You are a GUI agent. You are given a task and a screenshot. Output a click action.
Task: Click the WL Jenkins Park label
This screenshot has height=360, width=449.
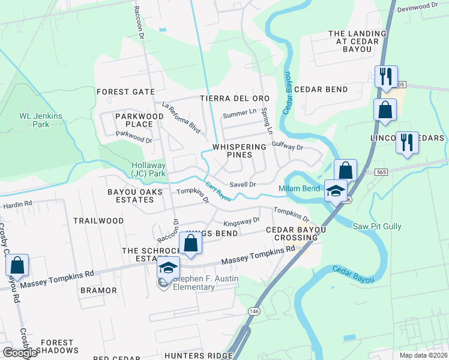(x=34, y=120)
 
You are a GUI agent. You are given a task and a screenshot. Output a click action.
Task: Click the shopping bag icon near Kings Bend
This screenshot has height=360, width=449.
(x=190, y=244)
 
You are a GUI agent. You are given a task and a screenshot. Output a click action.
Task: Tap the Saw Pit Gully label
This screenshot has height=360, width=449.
(x=377, y=226)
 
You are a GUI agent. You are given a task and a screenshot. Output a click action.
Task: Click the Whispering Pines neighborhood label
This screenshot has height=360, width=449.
(x=238, y=151)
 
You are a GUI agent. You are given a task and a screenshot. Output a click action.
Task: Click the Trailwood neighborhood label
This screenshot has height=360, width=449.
(x=98, y=221)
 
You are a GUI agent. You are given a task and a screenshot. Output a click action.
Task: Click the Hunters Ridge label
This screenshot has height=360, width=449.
(x=205, y=356)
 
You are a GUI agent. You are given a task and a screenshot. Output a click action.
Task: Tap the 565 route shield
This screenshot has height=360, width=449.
(x=381, y=172)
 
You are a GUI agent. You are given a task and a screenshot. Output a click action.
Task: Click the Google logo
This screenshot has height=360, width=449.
(x=20, y=353)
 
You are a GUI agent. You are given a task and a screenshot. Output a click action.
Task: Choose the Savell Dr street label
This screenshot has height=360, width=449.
(x=243, y=185)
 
